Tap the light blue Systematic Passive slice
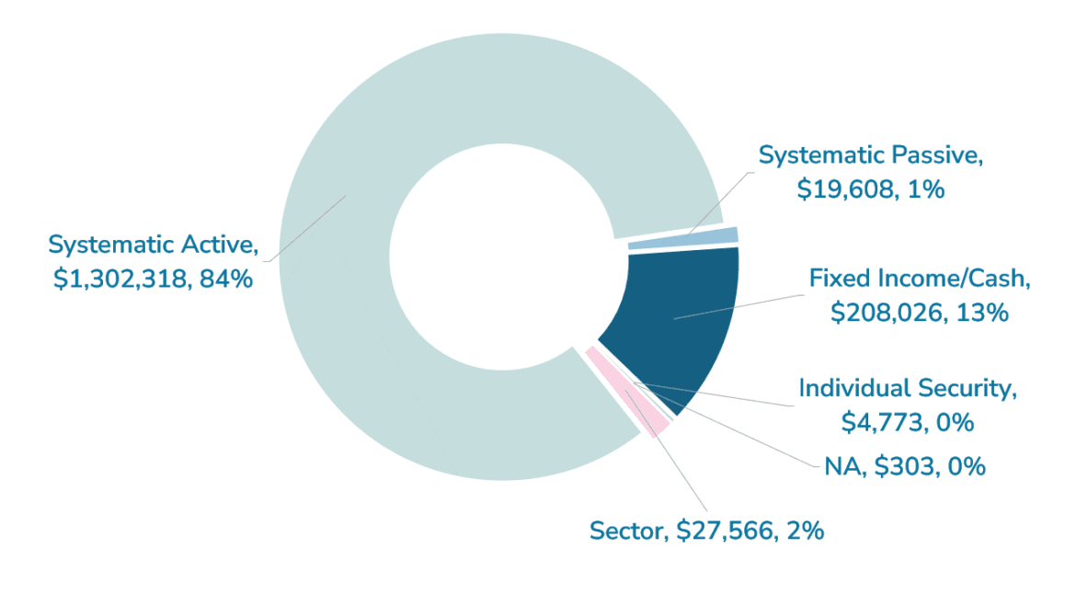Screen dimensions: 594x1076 (x=682, y=238)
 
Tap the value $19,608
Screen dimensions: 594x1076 (x=841, y=189)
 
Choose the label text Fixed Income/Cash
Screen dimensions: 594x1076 (x=919, y=278)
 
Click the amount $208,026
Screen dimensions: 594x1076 (x=882, y=313)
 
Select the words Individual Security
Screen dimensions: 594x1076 (x=907, y=388)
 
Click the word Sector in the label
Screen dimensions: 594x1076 (x=626, y=531)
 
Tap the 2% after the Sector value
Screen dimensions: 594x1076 (x=805, y=531)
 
